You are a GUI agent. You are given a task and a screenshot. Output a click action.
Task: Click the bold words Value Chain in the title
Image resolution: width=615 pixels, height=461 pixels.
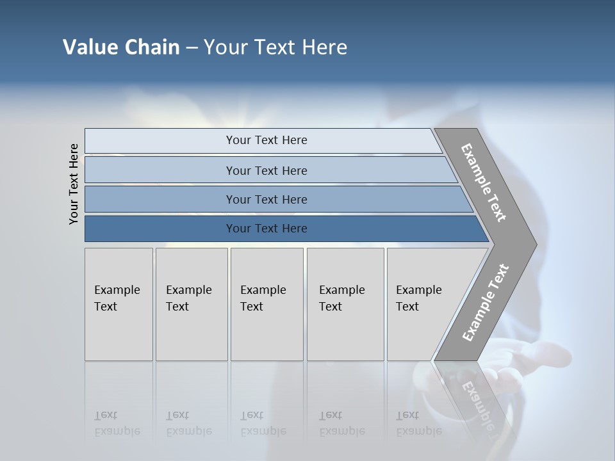click(121, 47)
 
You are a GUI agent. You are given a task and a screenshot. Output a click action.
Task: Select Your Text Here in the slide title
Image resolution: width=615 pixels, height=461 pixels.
click(275, 47)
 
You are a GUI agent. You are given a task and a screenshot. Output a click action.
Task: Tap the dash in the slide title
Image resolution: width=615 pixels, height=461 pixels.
click(192, 48)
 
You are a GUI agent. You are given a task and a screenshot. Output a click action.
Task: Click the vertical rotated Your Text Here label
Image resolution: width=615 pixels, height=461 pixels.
click(74, 184)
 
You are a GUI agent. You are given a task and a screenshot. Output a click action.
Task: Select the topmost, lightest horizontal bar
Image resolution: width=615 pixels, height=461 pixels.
click(266, 140)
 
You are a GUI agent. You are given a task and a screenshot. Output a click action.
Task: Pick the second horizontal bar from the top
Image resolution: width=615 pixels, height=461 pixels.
click(266, 170)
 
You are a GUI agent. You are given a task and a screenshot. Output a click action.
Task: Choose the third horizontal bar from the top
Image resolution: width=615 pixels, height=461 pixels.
click(266, 199)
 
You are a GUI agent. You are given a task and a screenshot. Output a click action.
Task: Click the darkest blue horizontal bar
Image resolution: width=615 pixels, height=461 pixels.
click(266, 229)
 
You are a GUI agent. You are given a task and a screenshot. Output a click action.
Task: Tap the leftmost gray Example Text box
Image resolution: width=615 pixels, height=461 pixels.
click(119, 303)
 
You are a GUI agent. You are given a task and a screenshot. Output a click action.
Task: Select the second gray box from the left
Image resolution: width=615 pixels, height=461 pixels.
click(192, 303)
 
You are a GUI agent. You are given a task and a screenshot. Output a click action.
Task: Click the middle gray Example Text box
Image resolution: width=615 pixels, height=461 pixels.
click(266, 303)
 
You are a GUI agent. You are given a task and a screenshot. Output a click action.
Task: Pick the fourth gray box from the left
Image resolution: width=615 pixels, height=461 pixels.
click(345, 303)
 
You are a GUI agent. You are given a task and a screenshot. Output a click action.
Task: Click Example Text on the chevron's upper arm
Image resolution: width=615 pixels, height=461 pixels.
click(484, 182)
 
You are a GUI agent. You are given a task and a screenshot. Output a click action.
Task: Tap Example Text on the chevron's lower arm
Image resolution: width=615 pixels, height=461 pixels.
click(485, 302)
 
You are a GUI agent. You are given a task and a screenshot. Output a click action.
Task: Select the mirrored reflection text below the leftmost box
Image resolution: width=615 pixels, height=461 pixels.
click(117, 423)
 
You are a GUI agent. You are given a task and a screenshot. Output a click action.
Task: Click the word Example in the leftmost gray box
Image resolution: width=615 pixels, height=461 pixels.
click(117, 290)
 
